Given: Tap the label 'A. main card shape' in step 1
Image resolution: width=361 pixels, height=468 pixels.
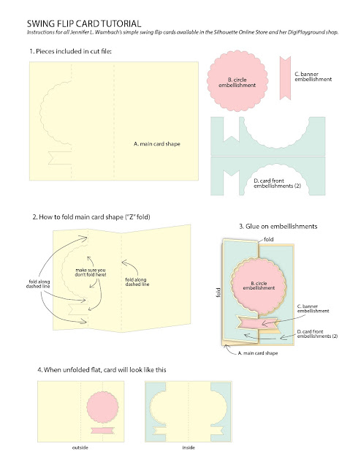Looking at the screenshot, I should coord(157,144).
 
